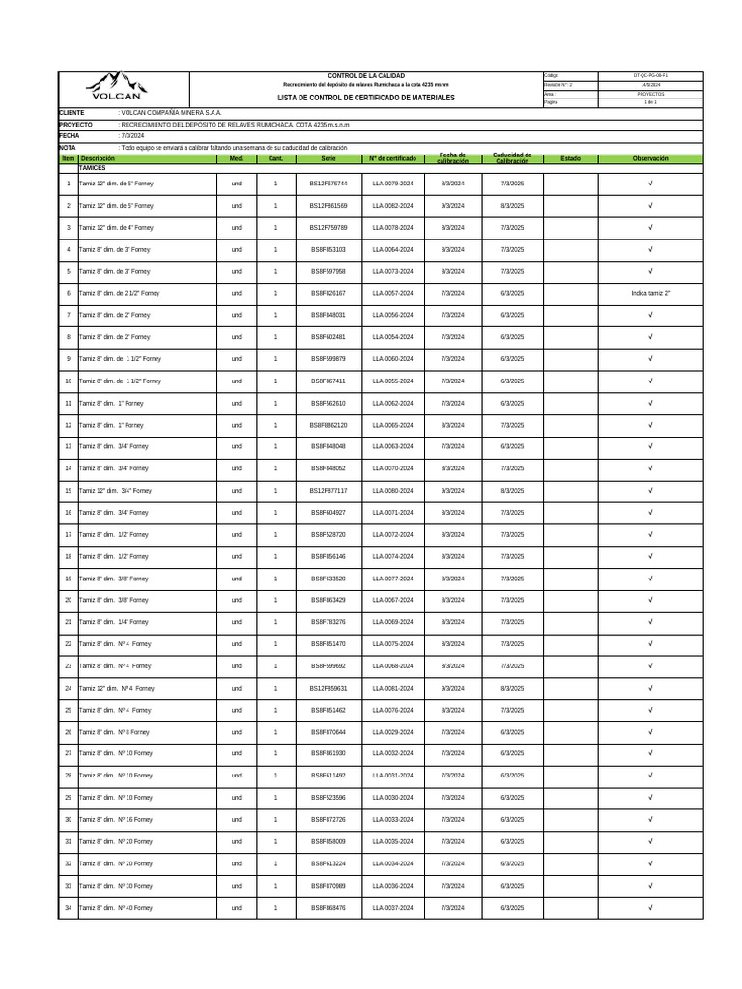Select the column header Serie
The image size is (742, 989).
point(328,159)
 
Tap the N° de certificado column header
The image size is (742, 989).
point(392,159)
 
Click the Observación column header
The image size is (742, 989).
point(650,159)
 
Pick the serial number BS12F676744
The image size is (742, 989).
point(328,184)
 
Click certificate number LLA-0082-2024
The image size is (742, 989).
point(392,206)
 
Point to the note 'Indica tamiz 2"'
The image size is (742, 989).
point(650,293)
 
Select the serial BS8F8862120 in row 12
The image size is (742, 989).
point(328,425)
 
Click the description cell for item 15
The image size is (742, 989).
point(115,491)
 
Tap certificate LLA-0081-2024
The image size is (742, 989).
point(392,689)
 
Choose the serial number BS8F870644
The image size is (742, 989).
point(328,732)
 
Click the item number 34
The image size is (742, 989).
point(68,908)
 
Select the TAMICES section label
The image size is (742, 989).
point(93,168)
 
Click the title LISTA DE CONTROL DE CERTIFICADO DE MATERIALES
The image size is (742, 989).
point(352,98)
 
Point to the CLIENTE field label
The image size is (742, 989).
point(71,113)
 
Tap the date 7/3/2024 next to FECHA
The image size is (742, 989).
point(131,136)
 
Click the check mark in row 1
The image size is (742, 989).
point(650,184)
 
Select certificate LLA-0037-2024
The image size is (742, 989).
point(392,908)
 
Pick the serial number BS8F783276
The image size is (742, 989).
point(328,622)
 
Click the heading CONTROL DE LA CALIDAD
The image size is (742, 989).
point(353,75)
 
